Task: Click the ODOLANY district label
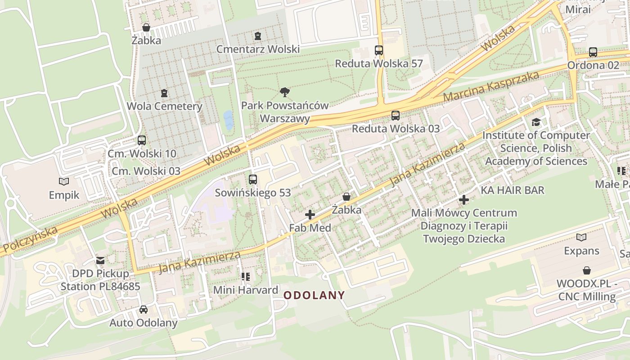pyautogui.click(x=315, y=296)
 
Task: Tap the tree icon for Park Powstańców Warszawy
pyautogui.click(x=284, y=93)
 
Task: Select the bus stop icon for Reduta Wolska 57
pyautogui.click(x=379, y=50)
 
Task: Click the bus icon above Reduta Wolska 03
pyautogui.click(x=396, y=116)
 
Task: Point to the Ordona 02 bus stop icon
pyautogui.click(x=593, y=52)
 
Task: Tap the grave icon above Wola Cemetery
pyautogui.click(x=164, y=94)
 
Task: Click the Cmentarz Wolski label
pyautogui.click(x=258, y=49)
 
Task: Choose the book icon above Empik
pyautogui.click(x=64, y=182)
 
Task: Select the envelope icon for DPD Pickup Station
pyautogui.click(x=100, y=261)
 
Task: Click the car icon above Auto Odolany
pyautogui.click(x=144, y=310)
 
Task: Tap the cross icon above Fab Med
pyautogui.click(x=310, y=215)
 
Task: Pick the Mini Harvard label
pyautogui.click(x=246, y=290)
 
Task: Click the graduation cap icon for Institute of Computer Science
pyautogui.click(x=536, y=122)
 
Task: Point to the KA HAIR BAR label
pyautogui.click(x=513, y=190)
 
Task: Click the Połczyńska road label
pyautogui.click(x=29, y=239)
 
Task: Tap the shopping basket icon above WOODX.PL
pyautogui.click(x=587, y=270)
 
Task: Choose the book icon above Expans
pyautogui.click(x=581, y=237)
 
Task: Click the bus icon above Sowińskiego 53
pyautogui.click(x=253, y=180)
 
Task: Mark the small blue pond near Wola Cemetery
pyautogui.click(x=228, y=120)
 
